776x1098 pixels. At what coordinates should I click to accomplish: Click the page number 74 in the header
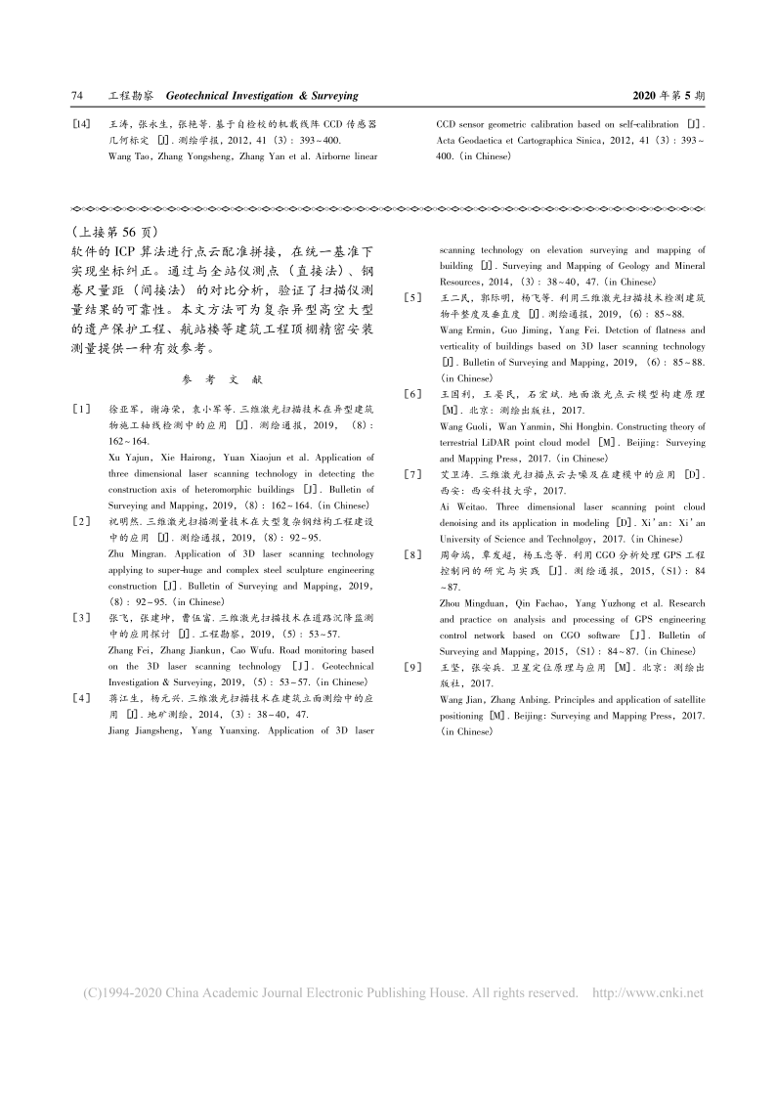(x=78, y=97)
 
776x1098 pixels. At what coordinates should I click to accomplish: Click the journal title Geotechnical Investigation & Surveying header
(x=262, y=97)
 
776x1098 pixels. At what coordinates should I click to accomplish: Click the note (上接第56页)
(x=113, y=232)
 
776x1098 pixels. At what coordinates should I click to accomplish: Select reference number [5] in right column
(x=413, y=296)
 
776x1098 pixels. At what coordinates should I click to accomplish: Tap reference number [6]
(x=413, y=393)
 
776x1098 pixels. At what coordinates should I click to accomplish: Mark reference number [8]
(x=413, y=554)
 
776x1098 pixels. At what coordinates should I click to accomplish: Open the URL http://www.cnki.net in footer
(x=648, y=993)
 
